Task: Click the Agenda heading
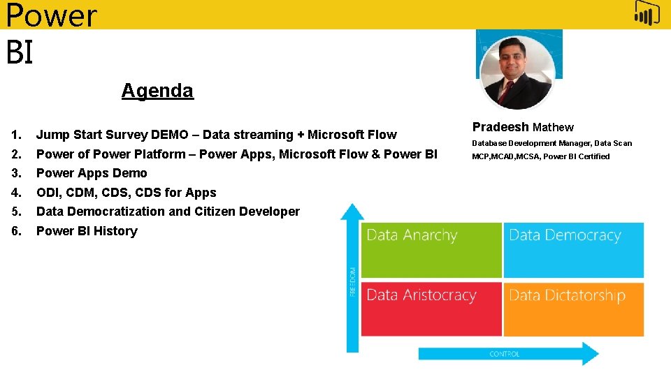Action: (157, 91)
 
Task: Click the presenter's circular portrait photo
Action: (518, 72)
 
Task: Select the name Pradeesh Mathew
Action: (523, 127)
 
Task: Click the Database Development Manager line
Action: (551, 143)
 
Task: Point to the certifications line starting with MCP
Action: (540, 156)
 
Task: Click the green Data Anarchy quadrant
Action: (431, 250)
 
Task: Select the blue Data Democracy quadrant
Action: (573, 250)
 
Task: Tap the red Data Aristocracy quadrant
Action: (431, 309)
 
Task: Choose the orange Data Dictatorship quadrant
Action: (573, 309)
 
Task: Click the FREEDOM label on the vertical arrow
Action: (352, 281)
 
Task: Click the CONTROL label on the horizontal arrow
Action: (504, 354)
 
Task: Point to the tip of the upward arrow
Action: (352, 207)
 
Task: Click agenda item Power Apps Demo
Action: (92, 173)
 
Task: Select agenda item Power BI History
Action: (87, 231)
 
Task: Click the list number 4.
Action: (16, 193)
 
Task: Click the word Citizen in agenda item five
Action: (212, 212)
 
